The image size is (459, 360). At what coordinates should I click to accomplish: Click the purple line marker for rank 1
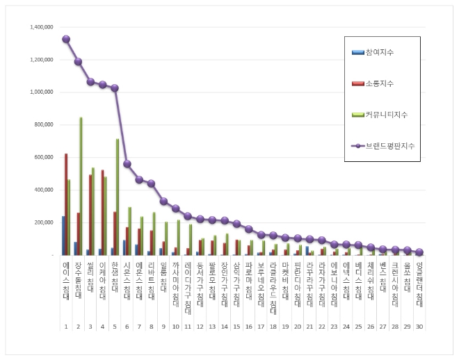(66, 39)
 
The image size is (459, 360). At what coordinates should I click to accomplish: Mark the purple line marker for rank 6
(127, 164)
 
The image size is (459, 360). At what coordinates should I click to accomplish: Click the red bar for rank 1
(66, 204)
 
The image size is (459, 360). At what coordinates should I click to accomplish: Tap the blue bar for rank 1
(63, 236)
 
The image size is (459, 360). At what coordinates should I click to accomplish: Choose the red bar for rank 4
(102, 212)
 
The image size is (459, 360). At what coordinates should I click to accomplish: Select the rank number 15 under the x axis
(236, 326)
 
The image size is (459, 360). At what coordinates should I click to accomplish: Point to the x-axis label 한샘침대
(114, 281)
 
